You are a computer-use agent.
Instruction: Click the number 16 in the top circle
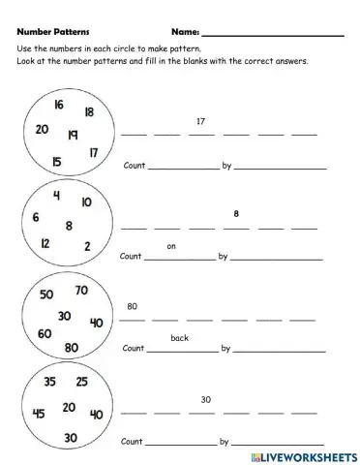coord(59,105)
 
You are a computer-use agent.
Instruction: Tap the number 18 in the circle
coord(88,112)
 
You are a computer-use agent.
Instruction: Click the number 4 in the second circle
coord(57,197)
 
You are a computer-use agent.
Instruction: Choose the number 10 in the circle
coord(86,202)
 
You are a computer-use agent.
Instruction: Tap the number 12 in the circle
coord(45,243)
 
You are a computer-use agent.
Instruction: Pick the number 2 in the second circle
coord(87,246)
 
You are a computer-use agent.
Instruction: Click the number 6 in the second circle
coord(36,217)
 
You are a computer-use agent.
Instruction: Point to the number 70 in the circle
coord(80,290)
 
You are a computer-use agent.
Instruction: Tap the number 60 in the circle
coord(45,333)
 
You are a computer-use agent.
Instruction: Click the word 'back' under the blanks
coord(179,337)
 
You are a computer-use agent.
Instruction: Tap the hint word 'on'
coord(171,246)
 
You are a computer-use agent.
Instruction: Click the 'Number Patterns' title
coord(53,32)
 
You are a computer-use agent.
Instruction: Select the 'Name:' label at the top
coord(185,32)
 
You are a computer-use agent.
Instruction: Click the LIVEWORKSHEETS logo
coord(302,454)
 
